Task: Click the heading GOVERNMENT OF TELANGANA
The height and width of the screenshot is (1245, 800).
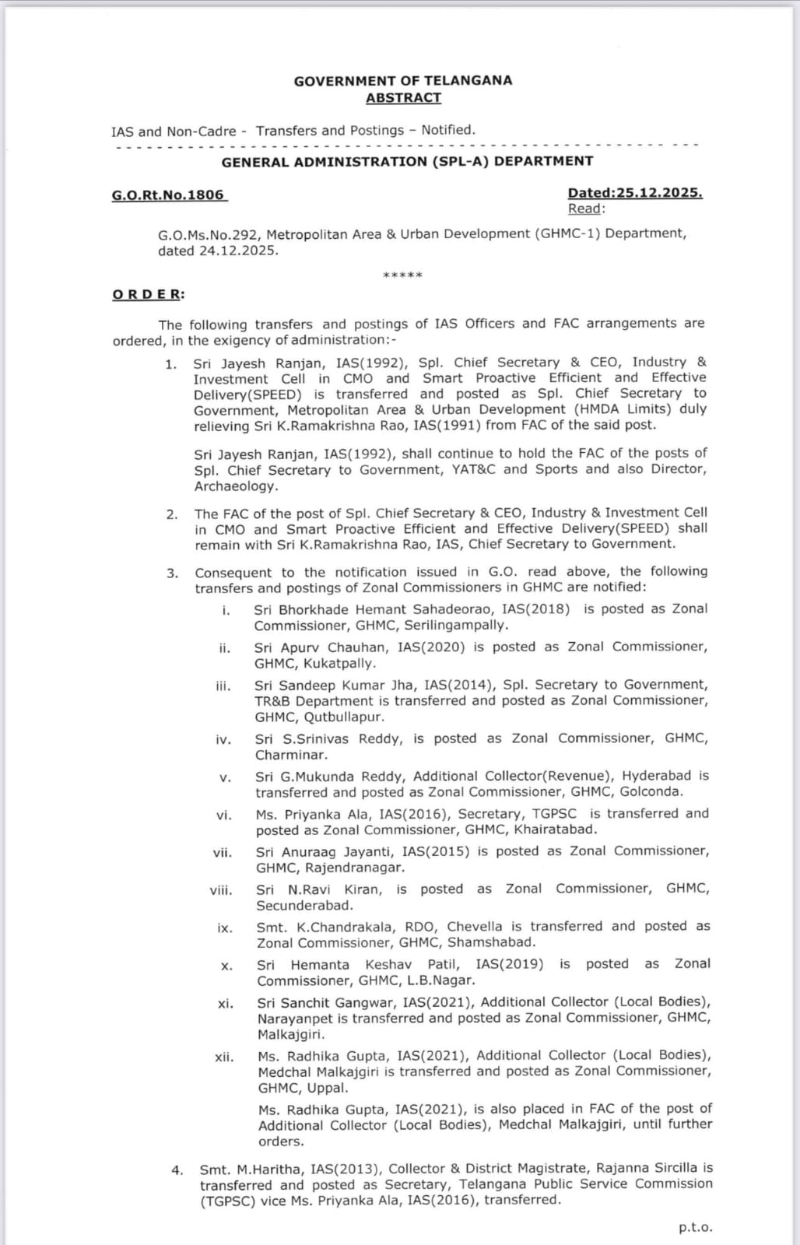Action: click(402, 80)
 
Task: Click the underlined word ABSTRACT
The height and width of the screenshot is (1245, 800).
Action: click(403, 97)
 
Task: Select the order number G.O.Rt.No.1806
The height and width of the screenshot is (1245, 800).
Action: click(168, 195)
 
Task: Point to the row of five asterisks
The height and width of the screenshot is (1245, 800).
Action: click(403, 275)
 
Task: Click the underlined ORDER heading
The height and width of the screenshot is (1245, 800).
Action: click(149, 294)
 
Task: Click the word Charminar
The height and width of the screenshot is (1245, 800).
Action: click(291, 754)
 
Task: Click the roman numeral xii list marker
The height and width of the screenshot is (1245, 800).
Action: click(224, 1057)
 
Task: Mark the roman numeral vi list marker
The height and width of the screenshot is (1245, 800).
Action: click(224, 815)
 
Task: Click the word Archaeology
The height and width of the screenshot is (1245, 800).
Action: click(235, 486)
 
